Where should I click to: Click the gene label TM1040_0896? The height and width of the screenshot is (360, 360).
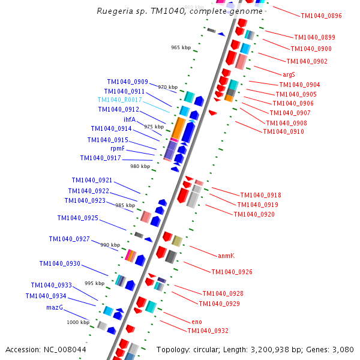321,16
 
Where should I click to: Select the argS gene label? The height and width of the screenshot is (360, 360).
289,74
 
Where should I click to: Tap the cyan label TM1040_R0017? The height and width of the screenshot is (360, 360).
120,100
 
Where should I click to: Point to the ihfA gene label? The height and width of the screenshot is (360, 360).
130,119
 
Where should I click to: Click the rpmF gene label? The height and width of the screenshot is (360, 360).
118,148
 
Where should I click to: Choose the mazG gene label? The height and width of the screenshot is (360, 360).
55,307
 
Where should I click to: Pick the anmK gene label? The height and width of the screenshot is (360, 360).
226,256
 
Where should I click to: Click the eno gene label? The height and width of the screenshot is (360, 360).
197,322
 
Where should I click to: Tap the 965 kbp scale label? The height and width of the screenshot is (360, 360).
180,47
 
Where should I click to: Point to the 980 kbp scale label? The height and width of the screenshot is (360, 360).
140,166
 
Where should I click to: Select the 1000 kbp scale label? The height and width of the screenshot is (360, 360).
78,322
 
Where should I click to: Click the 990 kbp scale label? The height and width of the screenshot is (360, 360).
110,245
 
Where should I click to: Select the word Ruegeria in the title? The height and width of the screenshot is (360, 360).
116,11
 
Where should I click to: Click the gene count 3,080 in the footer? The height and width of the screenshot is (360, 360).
343,349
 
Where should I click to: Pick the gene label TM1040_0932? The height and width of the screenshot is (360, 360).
208,331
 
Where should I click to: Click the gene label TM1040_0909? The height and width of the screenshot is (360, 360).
128,82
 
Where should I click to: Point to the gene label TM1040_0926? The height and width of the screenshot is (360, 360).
232,272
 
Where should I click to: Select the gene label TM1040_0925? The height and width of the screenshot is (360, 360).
78,218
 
